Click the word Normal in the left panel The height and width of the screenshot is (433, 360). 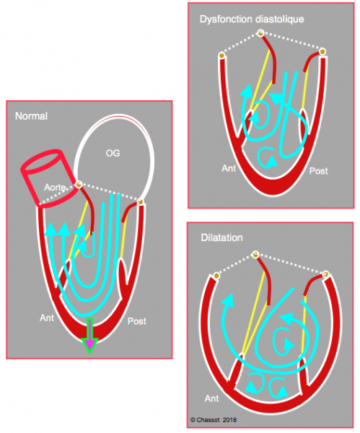tap(31, 116)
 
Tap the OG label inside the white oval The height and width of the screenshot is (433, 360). tap(113, 153)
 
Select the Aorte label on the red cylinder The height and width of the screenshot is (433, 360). tap(55, 188)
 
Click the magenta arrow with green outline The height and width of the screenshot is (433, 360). tap(89, 336)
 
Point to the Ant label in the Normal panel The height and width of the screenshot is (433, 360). tap(47, 318)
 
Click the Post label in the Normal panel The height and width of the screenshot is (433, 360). tap(137, 321)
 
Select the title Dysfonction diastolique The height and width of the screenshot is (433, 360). tap(252, 19)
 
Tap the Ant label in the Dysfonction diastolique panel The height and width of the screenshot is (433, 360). tap(229, 168)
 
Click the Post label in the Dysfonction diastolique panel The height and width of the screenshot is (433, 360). tap(319, 171)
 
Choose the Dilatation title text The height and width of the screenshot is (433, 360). tap(221, 237)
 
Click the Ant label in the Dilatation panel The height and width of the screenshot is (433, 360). tap(212, 398)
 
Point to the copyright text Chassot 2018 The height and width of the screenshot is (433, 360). tap(214, 420)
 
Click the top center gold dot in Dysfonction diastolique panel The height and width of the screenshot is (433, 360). tap(260, 33)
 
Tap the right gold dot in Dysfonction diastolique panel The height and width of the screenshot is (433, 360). tap(322, 52)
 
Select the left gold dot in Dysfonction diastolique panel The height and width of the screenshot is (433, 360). tap(222, 56)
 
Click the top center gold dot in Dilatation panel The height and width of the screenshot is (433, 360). tap(255, 254)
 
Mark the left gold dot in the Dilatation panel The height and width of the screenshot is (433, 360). tap(216, 276)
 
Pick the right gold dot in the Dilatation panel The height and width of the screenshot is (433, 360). tap(326, 274)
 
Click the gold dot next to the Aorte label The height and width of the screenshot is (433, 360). tap(79, 184)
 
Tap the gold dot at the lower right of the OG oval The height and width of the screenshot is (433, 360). tap(141, 201)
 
